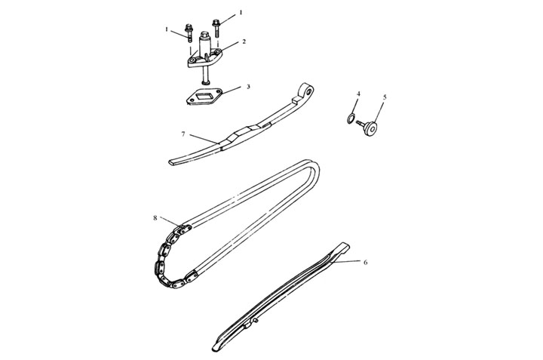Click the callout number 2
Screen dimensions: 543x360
coord(244,42)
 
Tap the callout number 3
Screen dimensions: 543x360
coord(248,87)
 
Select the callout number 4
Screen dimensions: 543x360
coord(358,94)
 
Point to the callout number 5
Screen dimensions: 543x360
coord(385,97)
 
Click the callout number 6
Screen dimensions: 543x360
coord(365,263)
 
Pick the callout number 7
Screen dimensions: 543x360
coord(183,134)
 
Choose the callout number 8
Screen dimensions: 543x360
coord(155,218)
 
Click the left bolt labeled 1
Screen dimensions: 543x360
coord(189,32)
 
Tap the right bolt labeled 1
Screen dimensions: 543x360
coord(216,28)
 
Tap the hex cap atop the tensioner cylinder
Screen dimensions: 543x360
coord(204,35)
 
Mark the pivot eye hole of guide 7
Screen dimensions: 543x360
coord(308,91)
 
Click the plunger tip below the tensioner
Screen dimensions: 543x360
coord(204,82)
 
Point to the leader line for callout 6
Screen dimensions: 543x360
coord(348,261)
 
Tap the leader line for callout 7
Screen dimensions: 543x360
coord(204,139)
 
